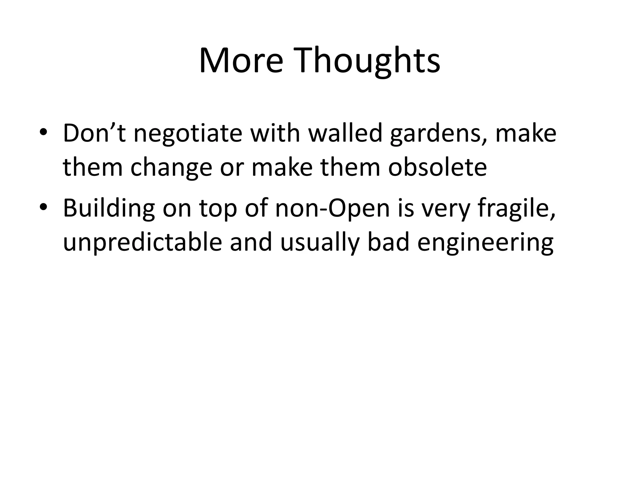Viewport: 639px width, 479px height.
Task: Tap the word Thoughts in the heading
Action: coord(365,60)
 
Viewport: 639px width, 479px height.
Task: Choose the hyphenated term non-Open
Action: coord(333,208)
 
